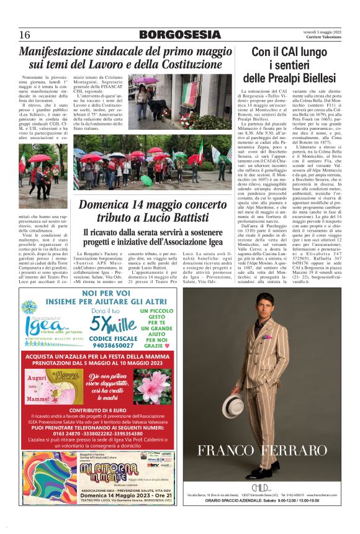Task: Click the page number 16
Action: point(25,34)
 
